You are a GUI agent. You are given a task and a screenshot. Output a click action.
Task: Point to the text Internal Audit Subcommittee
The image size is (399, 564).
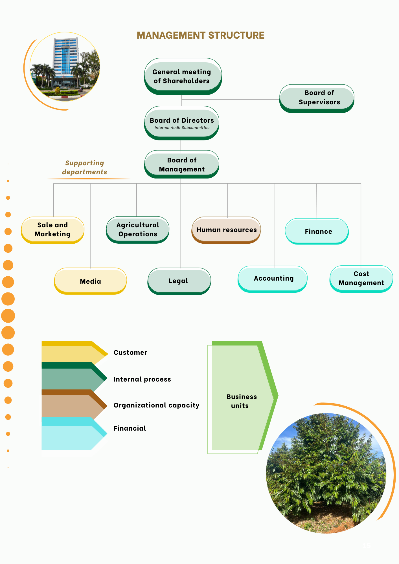coord(182,128)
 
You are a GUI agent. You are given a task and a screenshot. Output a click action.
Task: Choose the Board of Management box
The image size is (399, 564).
coord(182,164)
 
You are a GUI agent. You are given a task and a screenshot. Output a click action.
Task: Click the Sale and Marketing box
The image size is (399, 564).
coord(53,230)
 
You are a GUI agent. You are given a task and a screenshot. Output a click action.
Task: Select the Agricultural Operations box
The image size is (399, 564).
coord(138,230)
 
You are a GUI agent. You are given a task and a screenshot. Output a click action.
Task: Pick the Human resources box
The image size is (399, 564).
coord(226,230)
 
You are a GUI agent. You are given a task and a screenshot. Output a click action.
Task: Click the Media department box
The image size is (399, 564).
coord(90,281)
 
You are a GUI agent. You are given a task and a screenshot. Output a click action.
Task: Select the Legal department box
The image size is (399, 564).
coord(179,281)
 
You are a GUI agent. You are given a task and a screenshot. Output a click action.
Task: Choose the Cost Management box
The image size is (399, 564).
coord(361,279)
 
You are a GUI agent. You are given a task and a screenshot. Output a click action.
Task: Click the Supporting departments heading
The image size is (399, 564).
coord(85,168)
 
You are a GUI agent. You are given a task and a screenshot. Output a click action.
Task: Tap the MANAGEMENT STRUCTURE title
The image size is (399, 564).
coord(200,36)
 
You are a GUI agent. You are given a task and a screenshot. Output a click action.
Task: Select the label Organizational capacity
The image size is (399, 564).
coord(156,405)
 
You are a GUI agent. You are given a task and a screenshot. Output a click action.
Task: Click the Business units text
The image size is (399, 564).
coord(241,401)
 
